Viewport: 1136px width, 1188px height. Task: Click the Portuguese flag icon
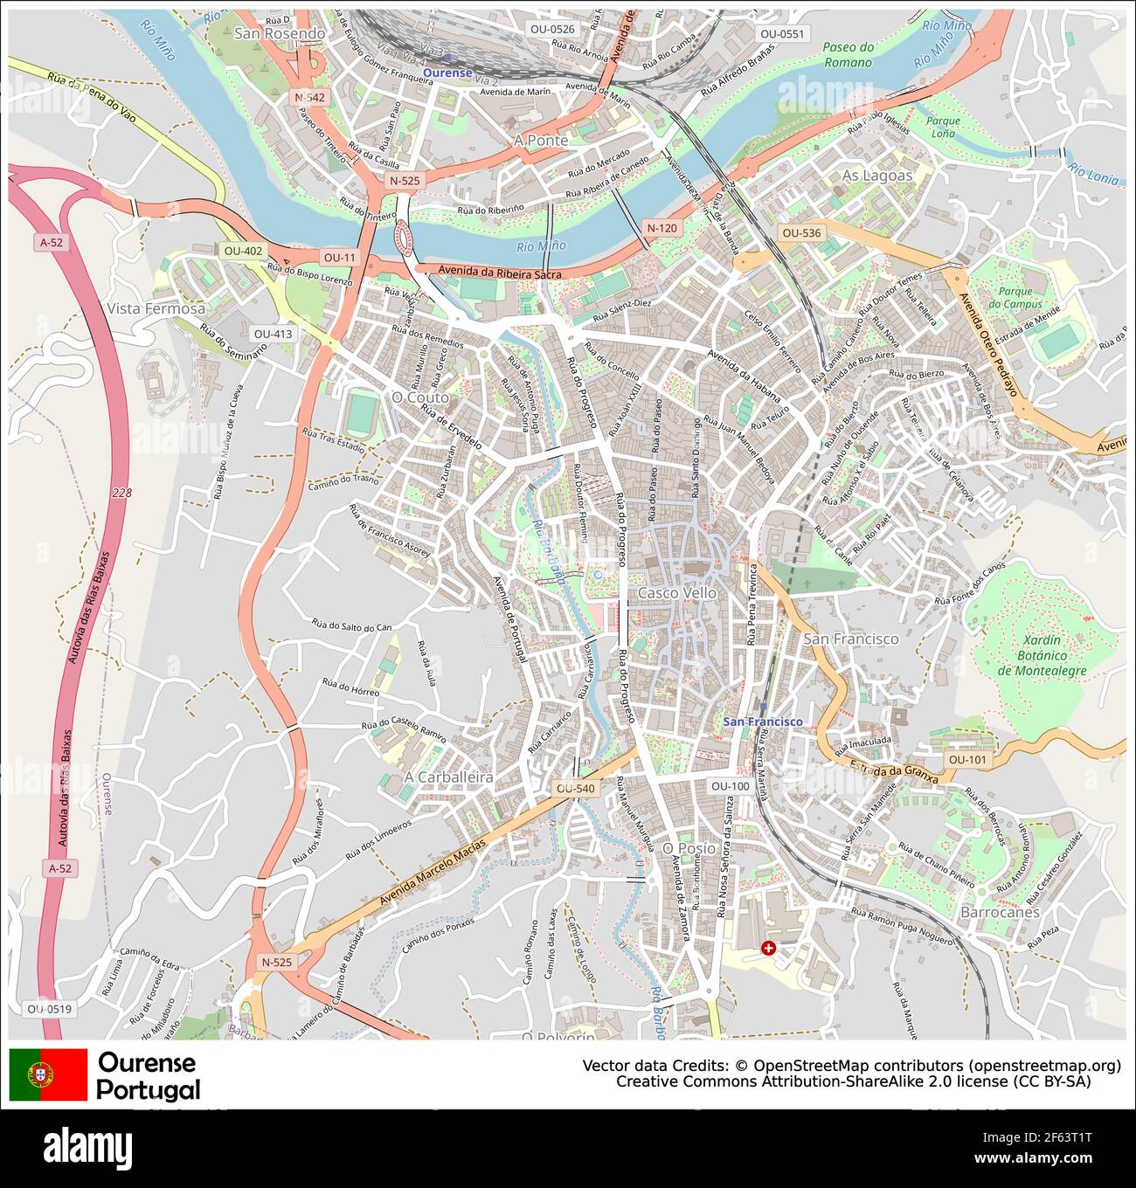click(48, 1074)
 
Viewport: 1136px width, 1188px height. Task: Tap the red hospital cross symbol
click(768, 948)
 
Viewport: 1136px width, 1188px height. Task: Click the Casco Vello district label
click(677, 593)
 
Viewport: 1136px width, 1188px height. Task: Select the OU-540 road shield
click(575, 789)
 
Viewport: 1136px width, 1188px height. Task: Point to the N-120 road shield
click(662, 228)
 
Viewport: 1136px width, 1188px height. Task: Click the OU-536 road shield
click(801, 233)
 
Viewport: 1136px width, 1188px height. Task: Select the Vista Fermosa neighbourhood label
click(156, 308)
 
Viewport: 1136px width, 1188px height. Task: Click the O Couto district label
click(419, 397)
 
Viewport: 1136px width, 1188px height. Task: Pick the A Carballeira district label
click(448, 777)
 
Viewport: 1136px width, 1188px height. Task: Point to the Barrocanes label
click(1000, 912)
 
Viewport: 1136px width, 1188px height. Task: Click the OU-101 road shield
click(967, 760)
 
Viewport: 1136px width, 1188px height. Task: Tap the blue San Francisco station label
click(762, 722)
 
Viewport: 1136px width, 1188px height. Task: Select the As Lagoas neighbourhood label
click(876, 176)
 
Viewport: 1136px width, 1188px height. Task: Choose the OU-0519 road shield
click(49, 1009)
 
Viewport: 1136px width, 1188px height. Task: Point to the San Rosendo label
click(279, 34)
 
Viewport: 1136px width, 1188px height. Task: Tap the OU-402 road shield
click(243, 252)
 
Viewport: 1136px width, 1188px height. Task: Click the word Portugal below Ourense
click(148, 1089)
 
